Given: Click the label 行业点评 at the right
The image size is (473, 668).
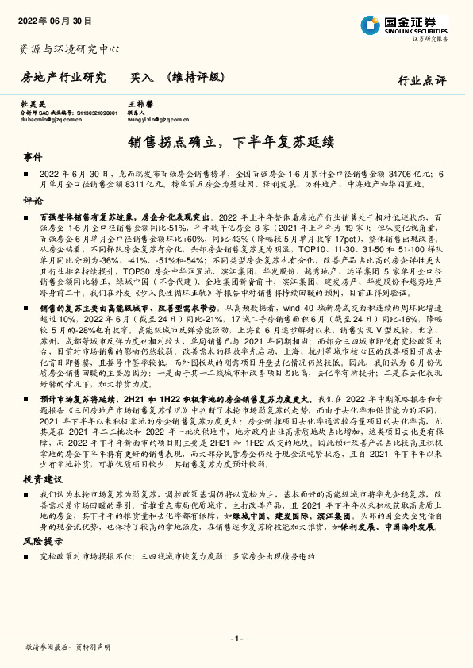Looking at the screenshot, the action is [422, 80].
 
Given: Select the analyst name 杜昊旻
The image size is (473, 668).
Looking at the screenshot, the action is [31, 104].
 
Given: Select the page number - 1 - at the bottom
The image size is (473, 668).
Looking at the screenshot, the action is [236, 638].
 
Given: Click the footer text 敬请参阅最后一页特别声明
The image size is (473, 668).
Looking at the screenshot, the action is [67, 647].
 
